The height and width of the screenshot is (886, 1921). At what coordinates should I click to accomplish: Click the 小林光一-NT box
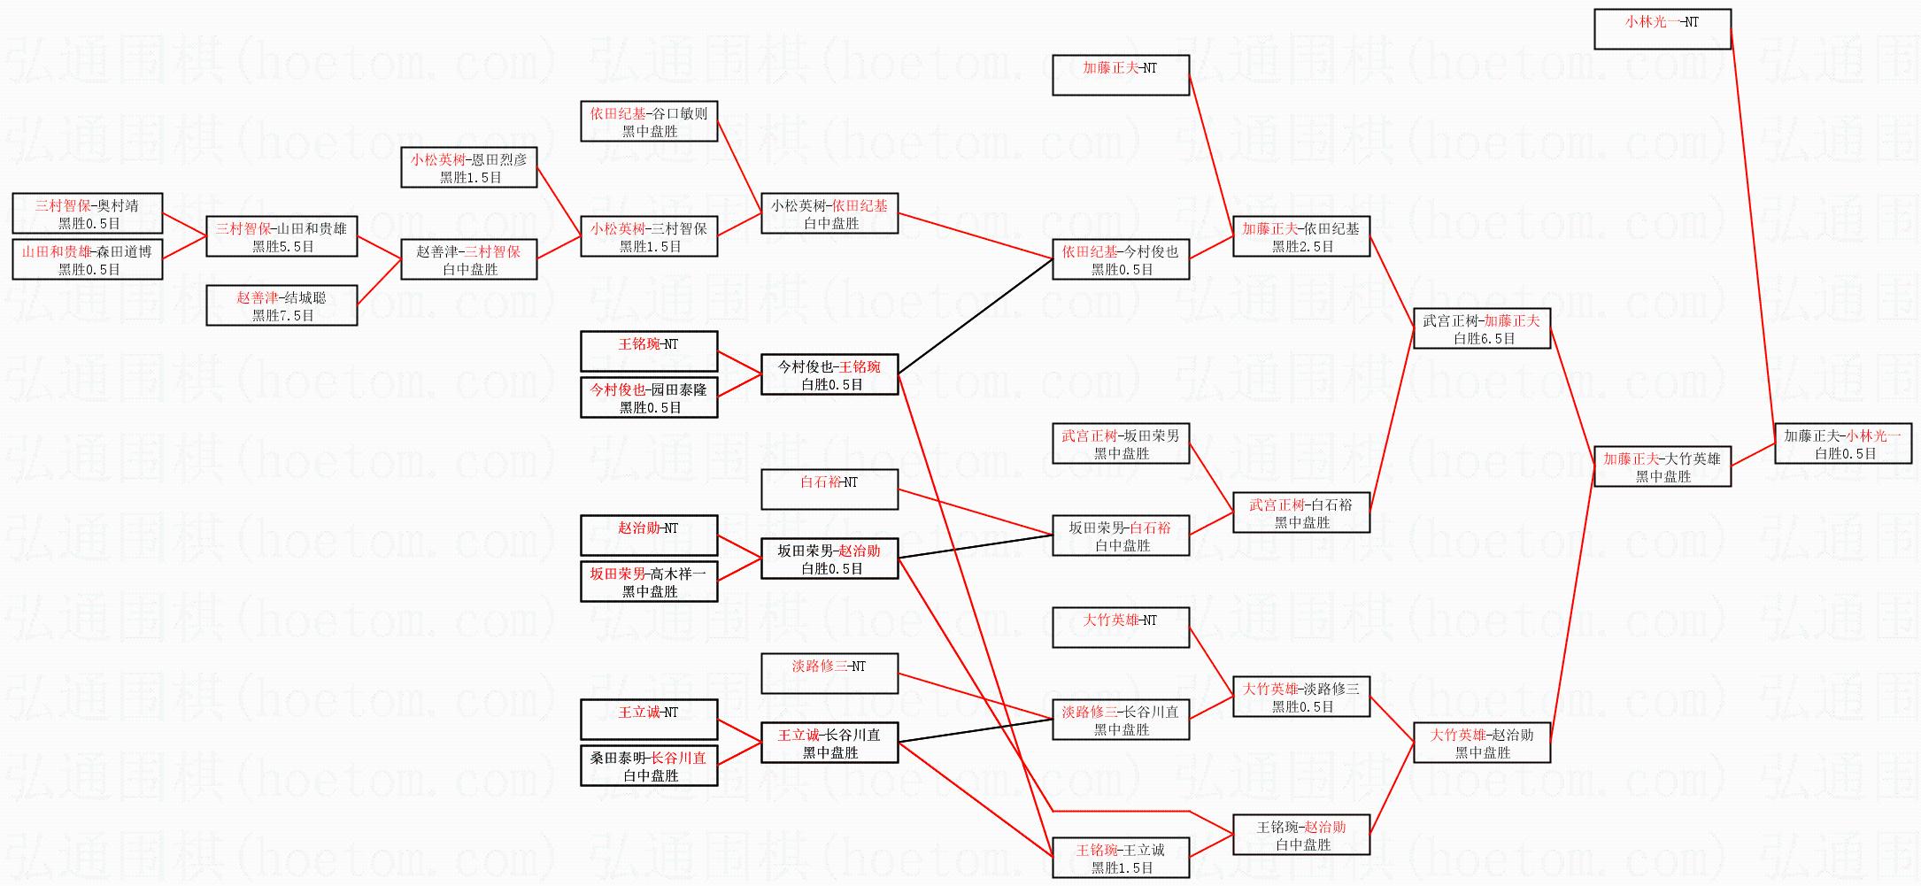[x=1662, y=29]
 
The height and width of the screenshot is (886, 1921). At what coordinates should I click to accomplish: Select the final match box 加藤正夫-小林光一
[x=1842, y=443]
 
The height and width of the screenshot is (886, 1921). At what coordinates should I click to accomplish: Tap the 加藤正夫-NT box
[x=1120, y=75]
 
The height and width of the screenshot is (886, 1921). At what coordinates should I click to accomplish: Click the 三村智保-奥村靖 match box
[x=88, y=213]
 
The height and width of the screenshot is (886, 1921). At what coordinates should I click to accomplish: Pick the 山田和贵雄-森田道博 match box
[x=88, y=259]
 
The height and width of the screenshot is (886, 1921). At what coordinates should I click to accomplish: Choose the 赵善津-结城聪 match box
[x=282, y=305]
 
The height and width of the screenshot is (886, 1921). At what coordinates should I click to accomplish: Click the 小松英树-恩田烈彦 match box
[x=469, y=167]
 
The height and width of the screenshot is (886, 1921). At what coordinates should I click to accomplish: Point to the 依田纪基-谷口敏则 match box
[x=649, y=121]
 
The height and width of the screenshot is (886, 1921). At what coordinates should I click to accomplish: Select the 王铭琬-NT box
[x=649, y=351]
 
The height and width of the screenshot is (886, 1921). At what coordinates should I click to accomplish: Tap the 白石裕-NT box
[x=829, y=489]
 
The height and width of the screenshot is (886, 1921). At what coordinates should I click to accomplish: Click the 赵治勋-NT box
[x=649, y=535]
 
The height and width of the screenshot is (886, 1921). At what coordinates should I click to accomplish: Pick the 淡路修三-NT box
[x=829, y=674]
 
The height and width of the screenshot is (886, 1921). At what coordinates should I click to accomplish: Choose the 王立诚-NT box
[x=649, y=720]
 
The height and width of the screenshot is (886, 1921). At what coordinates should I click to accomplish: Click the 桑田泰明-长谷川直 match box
[x=649, y=766]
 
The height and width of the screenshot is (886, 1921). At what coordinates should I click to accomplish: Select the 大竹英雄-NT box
[x=1120, y=628]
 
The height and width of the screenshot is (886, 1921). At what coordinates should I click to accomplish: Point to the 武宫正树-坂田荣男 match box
[x=1120, y=443]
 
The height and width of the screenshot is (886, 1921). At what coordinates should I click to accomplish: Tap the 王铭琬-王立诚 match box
[x=1120, y=858]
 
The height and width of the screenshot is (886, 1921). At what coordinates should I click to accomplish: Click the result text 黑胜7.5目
[x=283, y=316]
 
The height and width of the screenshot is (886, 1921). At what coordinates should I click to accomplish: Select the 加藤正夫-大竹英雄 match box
[x=1662, y=466]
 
